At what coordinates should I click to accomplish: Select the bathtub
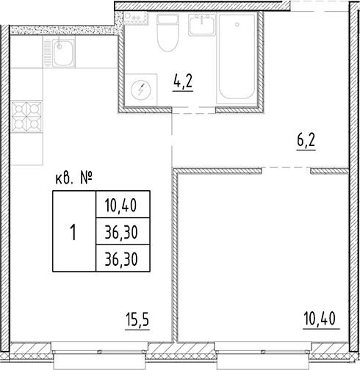pos(237,62)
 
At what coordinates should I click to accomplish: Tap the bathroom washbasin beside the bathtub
pos(201,27)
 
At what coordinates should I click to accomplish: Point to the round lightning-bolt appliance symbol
pos(139,92)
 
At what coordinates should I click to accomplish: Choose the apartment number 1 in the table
pos(73,233)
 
